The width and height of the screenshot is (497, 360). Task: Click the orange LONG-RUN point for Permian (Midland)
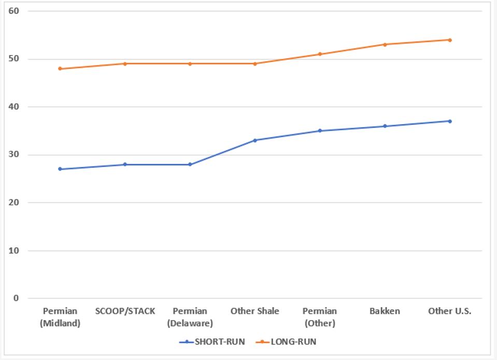(60, 68)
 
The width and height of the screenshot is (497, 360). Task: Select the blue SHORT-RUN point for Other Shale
(255, 140)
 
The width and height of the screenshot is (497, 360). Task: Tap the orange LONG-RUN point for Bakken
(385, 45)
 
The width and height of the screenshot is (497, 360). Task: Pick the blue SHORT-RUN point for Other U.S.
(450, 121)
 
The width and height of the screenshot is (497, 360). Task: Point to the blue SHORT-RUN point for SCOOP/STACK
(125, 164)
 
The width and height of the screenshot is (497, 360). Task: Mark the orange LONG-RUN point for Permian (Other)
(320, 54)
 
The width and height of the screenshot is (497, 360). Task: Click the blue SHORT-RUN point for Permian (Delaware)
(190, 164)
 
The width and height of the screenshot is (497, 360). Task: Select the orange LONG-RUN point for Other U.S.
(450, 40)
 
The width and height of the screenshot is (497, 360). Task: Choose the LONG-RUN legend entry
(288, 342)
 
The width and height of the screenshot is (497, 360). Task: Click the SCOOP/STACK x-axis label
(125, 311)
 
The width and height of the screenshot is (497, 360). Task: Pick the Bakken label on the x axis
(385, 311)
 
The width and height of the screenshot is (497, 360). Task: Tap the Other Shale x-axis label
(255, 311)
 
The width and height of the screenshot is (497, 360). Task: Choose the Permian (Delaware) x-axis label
(190, 317)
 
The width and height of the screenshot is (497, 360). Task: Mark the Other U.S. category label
(450, 311)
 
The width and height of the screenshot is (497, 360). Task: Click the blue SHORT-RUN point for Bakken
(385, 126)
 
